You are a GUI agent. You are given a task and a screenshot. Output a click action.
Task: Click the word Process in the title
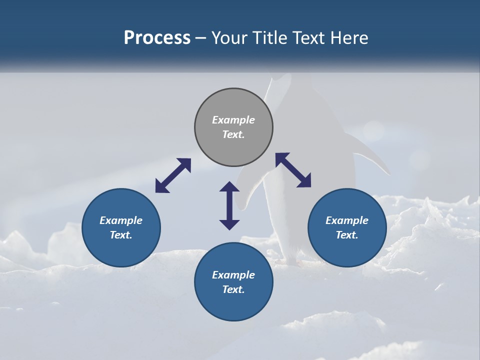pyautogui.click(x=157, y=38)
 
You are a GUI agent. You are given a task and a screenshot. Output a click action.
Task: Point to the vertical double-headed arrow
pyautogui.click(x=229, y=205)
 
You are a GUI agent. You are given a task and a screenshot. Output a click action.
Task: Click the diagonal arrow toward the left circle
pyautogui.click(x=173, y=175)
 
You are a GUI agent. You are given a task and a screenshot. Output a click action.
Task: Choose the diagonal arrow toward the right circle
pyautogui.click(x=293, y=170)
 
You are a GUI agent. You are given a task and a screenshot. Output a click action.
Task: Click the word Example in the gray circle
pyautogui.click(x=233, y=120)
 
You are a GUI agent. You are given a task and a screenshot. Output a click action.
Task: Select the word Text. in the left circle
pyautogui.click(x=121, y=235)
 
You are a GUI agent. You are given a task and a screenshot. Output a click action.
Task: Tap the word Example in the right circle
pyautogui.click(x=347, y=220)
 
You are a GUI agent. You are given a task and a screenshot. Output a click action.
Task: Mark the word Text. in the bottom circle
pyautogui.click(x=233, y=289)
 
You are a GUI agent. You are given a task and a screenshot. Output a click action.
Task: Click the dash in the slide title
pyautogui.click(x=201, y=38)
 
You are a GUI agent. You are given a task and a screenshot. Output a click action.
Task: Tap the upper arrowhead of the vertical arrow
pyautogui.click(x=229, y=187)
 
